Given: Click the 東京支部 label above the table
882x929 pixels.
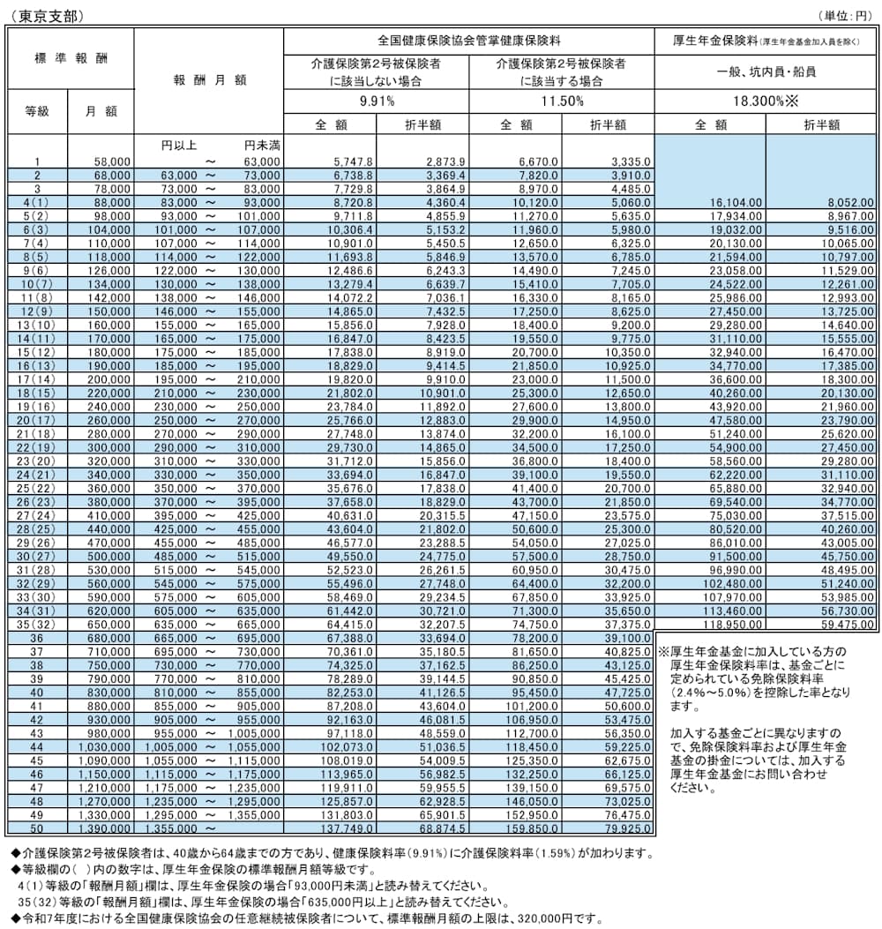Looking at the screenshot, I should (33, 15).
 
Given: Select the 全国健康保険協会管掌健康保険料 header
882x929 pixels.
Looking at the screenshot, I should (469, 41).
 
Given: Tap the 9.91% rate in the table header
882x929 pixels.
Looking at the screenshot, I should (377, 101).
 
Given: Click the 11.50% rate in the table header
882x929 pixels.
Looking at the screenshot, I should (561, 101).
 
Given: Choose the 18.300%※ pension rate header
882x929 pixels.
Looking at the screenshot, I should (766, 101).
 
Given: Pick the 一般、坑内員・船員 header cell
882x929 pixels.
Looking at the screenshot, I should (766, 71).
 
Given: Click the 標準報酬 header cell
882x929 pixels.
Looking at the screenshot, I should (71, 57).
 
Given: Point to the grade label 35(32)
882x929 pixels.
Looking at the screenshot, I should (37, 625).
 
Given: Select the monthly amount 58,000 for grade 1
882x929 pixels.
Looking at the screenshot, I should (113, 161).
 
